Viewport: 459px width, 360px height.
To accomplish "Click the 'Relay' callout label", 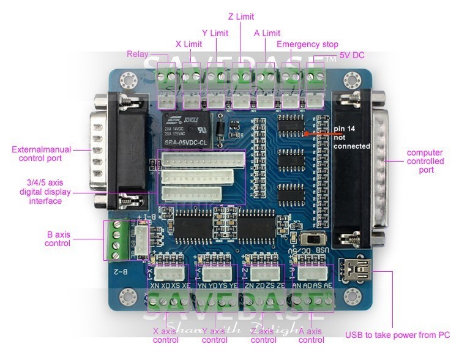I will point(137,54).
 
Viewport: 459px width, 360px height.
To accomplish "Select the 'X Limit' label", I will point(188,44).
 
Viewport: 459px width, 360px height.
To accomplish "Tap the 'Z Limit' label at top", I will point(241,17).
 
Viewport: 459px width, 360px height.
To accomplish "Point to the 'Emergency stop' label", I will point(307,44).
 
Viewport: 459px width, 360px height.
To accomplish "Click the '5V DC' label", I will point(352,55).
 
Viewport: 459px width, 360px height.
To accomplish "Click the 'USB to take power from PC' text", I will point(397,335).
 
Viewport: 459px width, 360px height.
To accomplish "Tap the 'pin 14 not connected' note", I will point(352,137).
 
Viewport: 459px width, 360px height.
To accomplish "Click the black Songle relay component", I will point(185,130).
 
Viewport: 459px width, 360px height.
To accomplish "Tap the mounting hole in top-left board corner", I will point(127,78).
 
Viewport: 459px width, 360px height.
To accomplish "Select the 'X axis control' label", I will point(166,336).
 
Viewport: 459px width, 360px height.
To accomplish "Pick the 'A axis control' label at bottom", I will point(311,336).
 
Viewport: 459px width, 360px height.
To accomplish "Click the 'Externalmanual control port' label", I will point(42,154).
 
